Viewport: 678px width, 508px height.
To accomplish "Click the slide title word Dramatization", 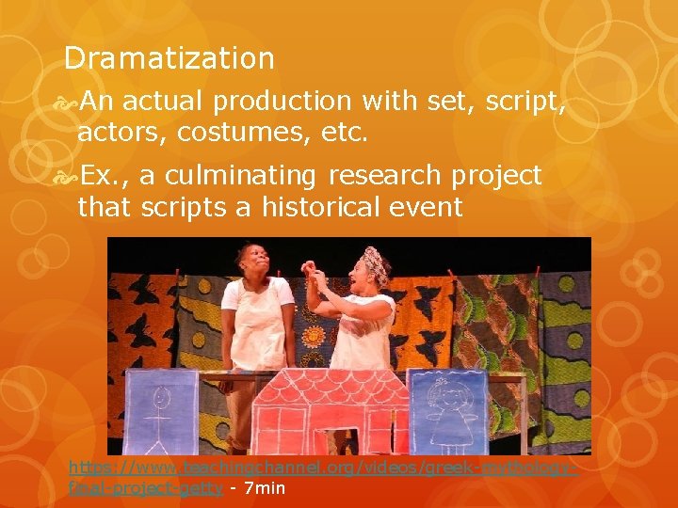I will [169, 58].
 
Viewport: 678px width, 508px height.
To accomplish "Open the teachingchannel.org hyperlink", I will [320, 467].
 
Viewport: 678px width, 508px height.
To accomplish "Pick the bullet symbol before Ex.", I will [69, 176].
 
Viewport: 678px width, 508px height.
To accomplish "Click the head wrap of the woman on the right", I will [376, 262].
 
